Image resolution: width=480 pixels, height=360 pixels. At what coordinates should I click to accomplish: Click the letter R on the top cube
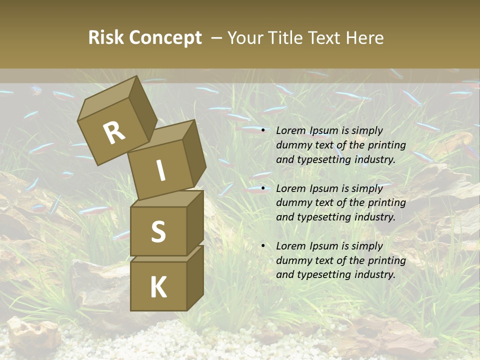pos(114,132)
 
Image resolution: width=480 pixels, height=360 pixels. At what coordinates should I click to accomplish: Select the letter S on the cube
pos(158,231)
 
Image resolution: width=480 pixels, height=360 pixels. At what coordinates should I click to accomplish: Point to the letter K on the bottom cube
pos(158,287)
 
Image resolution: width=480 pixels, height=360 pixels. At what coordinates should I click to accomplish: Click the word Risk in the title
pos(106,37)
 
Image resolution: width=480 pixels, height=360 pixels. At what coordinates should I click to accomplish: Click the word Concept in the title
pos(166,37)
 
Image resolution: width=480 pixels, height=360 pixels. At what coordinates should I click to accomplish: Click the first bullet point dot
pos(262,130)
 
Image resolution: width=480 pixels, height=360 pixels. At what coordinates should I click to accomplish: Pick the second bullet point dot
pos(262,188)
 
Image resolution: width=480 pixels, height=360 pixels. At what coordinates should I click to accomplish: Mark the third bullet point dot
pos(262,246)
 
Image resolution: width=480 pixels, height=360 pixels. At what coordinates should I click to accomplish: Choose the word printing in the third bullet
pos(387,260)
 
